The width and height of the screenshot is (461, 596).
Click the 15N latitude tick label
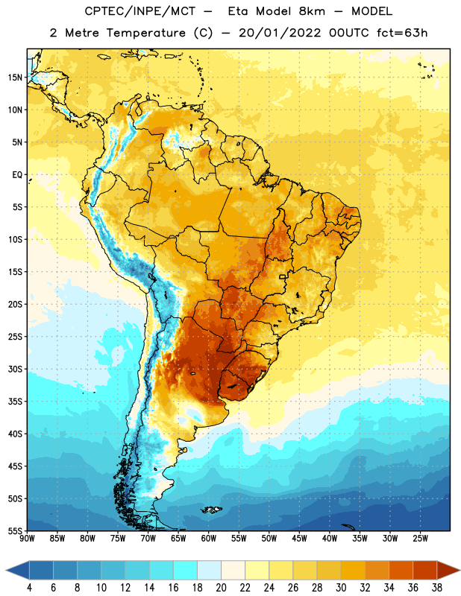pos(15,77)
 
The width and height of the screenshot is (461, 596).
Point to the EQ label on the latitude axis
pos(17,175)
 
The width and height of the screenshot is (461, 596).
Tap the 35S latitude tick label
pos(15,402)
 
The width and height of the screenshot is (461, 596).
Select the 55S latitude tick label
pos(15,531)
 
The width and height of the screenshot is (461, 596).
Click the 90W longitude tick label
pos(27,539)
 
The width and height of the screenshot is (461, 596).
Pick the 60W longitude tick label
pos(209,539)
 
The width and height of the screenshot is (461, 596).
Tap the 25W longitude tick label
pos(420,539)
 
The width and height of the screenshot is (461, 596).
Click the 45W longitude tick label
pos(299,539)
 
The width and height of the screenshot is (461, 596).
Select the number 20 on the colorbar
pos(221,588)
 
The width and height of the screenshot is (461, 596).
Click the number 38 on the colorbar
pos(437,588)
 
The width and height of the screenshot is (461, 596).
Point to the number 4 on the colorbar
pos(29,588)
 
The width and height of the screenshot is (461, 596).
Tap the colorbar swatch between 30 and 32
pos(353,571)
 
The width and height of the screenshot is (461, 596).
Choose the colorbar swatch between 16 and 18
pos(186,571)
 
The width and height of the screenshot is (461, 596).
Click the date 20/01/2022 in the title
pos(280,33)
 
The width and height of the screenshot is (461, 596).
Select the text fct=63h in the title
pos(402,33)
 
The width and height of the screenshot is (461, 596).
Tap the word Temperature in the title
pos(145,34)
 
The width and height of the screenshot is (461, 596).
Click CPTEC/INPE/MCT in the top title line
pos(139,11)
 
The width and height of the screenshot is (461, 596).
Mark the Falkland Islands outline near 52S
pos(211,510)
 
